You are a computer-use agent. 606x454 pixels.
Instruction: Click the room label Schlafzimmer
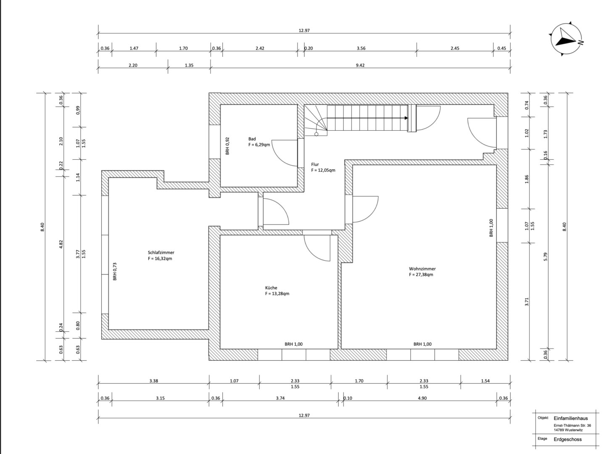click(x=161, y=252)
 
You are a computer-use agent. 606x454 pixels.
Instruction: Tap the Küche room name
click(x=271, y=288)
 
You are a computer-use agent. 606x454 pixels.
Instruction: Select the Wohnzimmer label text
click(x=422, y=269)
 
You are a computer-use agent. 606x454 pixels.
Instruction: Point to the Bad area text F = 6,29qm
click(x=259, y=145)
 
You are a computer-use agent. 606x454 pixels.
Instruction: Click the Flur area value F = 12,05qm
click(x=323, y=170)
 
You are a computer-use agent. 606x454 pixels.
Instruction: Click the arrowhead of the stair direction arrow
click(x=406, y=118)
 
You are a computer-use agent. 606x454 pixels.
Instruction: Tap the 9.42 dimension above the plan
click(x=360, y=66)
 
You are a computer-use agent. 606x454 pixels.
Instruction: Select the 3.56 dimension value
click(x=361, y=48)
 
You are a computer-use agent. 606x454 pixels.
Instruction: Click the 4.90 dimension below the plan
click(x=422, y=398)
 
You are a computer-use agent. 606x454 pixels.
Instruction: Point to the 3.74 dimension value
click(x=280, y=398)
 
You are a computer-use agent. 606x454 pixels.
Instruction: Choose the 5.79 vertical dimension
click(x=545, y=256)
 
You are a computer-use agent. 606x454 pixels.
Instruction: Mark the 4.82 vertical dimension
click(x=61, y=244)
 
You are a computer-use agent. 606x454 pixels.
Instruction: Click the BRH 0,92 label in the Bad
click(x=227, y=146)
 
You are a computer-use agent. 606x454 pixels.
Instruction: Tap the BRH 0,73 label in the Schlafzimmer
click(x=115, y=272)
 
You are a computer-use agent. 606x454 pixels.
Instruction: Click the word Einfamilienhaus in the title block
click(x=571, y=418)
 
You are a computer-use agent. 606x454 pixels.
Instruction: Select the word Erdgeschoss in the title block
click(x=568, y=439)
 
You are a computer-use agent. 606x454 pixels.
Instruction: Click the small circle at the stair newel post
click(x=316, y=135)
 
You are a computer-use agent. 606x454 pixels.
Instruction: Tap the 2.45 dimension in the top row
click(x=455, y=48)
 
